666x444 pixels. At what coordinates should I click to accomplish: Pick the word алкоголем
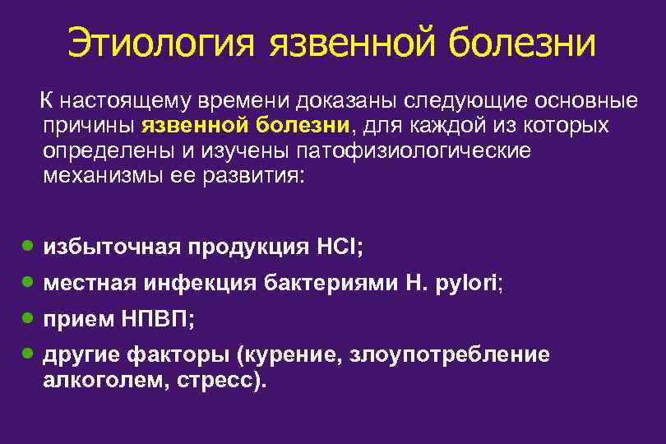pos(101,381)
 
